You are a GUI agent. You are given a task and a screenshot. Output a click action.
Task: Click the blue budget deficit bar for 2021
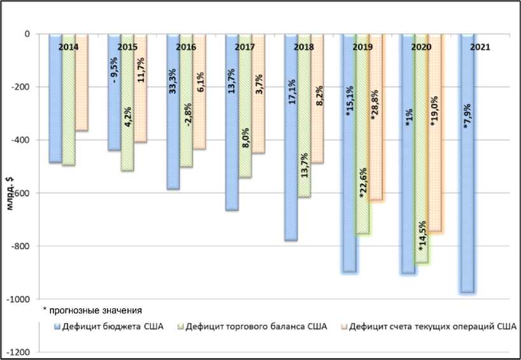click(467, 191)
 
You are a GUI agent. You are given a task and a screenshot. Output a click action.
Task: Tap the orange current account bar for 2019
click(376, 159)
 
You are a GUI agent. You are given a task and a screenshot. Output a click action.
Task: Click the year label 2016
click(185, 47)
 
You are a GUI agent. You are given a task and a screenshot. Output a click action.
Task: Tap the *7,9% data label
click(468, 118)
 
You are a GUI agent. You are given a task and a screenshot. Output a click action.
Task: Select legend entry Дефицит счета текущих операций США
click(433, 328)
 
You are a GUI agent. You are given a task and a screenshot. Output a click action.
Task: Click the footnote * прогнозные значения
click(92, 310)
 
